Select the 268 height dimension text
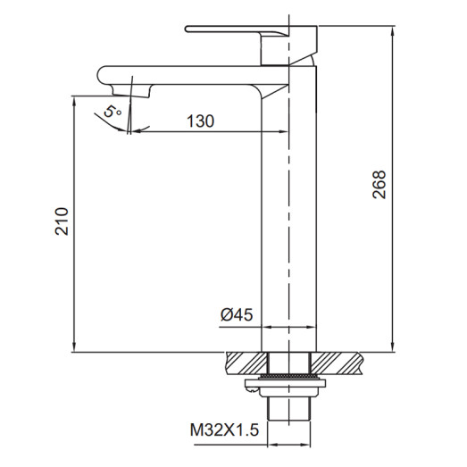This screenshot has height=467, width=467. [x=379, y=186]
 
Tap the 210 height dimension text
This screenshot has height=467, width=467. [x=62, y=221]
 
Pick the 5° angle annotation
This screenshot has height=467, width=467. [x=111, y=113]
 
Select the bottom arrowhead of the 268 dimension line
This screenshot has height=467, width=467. [x=393, y=348]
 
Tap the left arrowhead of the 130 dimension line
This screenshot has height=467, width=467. [x=134, y=133]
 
